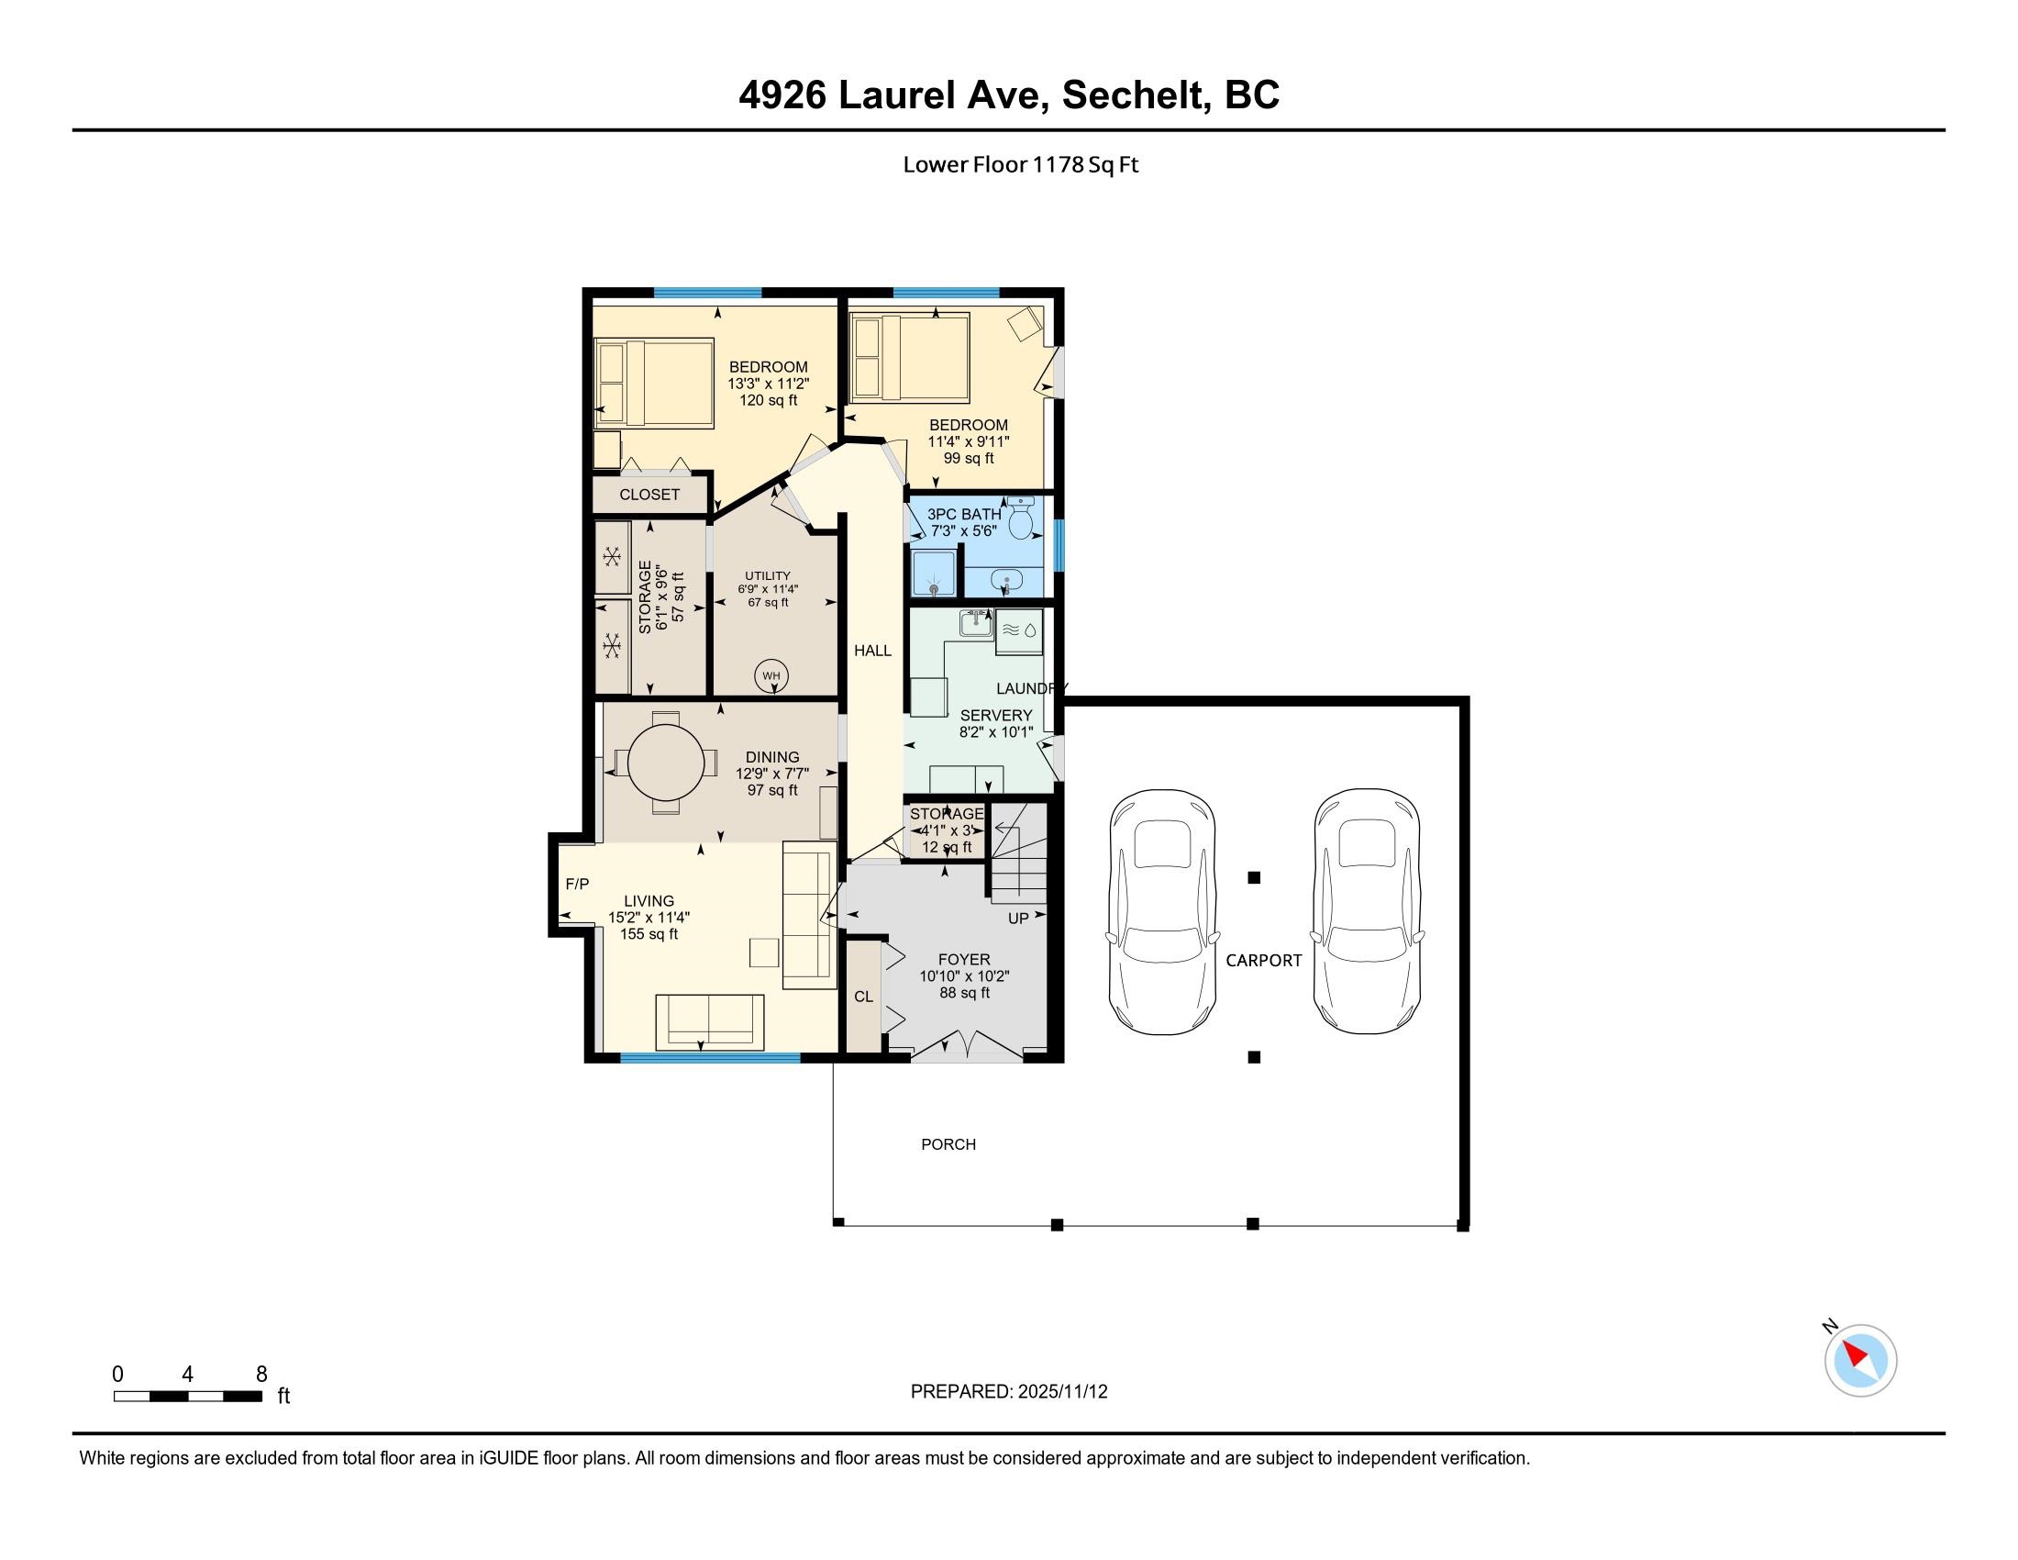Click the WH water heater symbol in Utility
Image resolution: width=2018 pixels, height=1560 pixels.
point(771,675)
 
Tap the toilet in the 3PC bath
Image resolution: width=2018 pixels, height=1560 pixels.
point(1021,518)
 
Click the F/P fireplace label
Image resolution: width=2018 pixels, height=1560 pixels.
point(578,885)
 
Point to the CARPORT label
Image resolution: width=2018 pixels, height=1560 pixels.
point(1263,961)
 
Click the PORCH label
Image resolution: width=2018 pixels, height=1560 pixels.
point(948,1144)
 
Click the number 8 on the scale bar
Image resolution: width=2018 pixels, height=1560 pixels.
point(261,1375)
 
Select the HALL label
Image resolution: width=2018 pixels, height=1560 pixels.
point(872,651)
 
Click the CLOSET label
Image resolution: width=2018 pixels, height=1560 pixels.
point(649,495)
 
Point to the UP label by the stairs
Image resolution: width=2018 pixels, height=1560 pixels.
point(1017,919)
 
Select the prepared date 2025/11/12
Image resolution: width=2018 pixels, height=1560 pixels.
point(1062,1392)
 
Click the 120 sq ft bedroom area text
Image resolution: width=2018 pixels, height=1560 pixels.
point(768,400)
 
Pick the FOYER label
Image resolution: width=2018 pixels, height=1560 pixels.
point(964,960)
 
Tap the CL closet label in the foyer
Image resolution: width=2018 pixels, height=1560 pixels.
point(863,997)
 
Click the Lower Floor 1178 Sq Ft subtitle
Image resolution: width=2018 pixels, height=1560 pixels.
point(1020,164)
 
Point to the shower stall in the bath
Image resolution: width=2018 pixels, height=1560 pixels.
point(933,573)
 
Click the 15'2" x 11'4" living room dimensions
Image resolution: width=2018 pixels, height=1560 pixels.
point(649,918)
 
